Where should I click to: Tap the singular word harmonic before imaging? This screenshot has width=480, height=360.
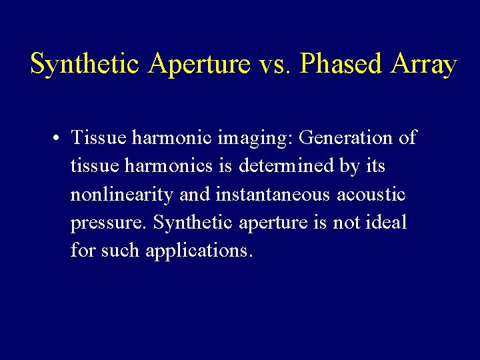point(171,138)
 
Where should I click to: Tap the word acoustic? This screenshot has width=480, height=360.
point(371,194)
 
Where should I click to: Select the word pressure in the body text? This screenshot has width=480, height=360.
point(109,223)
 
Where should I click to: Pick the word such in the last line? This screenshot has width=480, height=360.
point(121,251)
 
